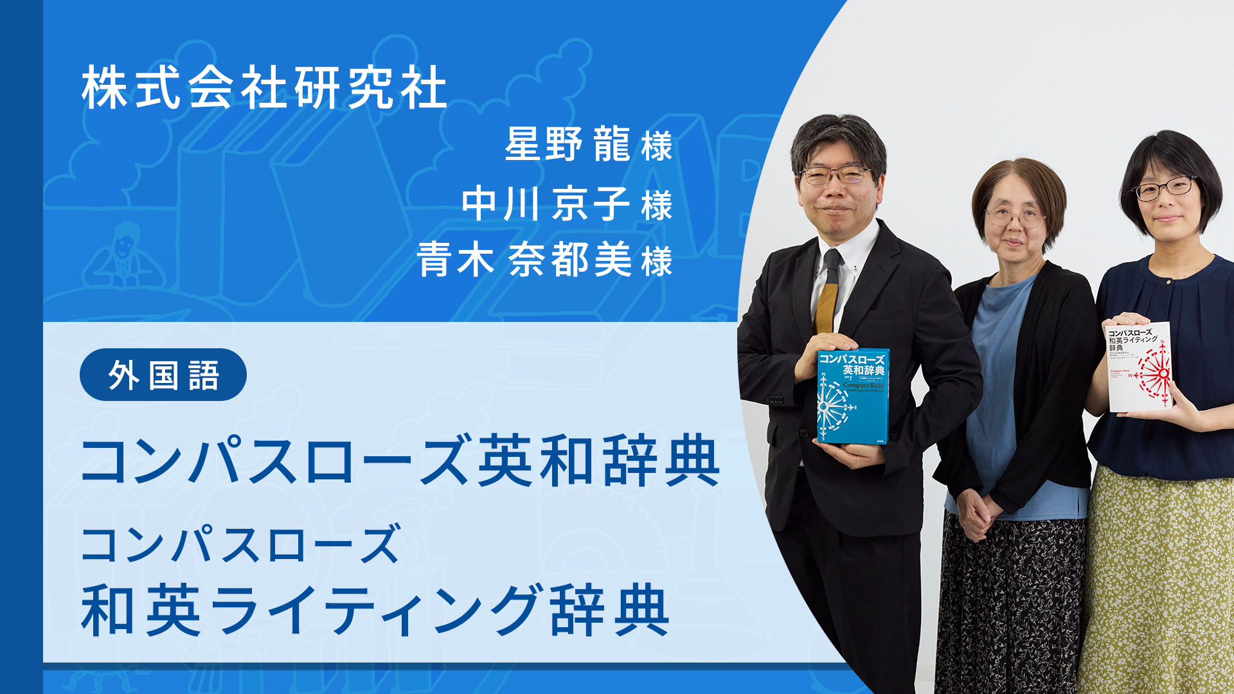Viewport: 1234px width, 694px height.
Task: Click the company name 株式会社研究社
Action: tap(264, 88)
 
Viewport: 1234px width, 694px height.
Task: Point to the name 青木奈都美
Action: tap(523, 260)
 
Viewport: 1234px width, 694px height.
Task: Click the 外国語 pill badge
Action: tap(163, 375)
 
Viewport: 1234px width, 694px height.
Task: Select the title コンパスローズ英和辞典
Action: tap(400, 460)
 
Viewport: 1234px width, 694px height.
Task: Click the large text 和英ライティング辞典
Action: tap(375, 610)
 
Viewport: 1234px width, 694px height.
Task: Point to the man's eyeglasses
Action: tap(834, 175)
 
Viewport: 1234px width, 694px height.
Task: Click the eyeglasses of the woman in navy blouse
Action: tap(1165, 188)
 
